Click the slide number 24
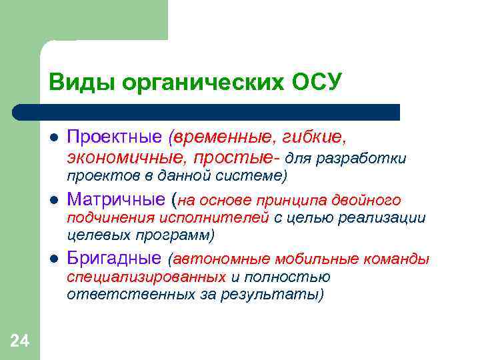pyautogui.click(x=19, y=342)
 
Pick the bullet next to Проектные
pyautogui.click(x=53, y=138)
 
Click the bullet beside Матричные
pyautogui.click(x=53, y=200)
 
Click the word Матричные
pyautogui.click(x=117, y=199)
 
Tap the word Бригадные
pyautogui.click(x=114, y=258)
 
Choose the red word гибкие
pyautogui.click(x=316, y=137)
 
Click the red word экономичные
pyautogui.click(x=127, y=158)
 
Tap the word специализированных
pyautogui.click(x=146, y=277)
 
